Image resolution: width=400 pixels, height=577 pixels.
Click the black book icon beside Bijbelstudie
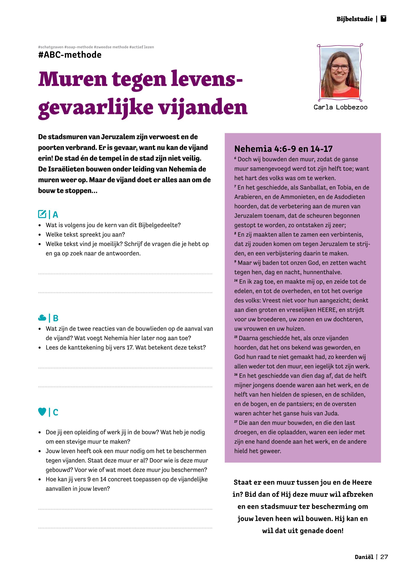383,19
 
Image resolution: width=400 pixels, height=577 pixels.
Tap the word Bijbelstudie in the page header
354,19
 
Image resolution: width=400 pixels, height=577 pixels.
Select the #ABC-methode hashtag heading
70,55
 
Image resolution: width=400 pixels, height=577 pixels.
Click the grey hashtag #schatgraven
51,47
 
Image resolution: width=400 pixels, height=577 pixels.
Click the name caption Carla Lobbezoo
340,107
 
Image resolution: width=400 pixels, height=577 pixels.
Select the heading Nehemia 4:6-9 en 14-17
283,149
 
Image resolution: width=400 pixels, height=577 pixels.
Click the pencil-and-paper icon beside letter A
42,214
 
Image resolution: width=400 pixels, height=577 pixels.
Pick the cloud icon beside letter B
42,318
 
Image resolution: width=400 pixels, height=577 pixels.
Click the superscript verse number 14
236,280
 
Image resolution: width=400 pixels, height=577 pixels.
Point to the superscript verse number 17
236,421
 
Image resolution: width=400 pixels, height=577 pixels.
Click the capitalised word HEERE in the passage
327,310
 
